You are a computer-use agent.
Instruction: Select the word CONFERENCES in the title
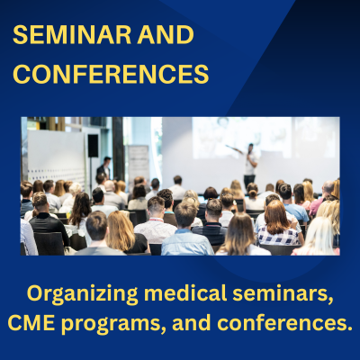point(111,74)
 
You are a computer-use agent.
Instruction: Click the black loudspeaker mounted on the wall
point(93,145)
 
